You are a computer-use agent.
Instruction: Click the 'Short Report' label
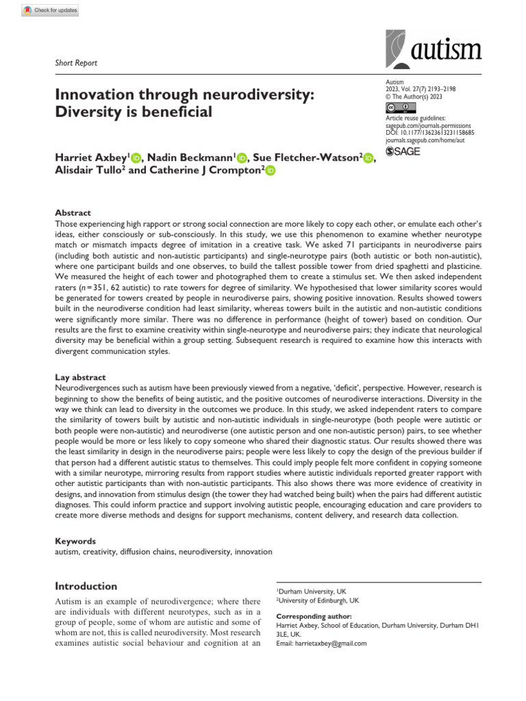(x=76, y=63)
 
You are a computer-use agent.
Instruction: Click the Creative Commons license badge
(x=401, y=107)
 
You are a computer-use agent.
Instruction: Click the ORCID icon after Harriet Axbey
(x=135, y=157)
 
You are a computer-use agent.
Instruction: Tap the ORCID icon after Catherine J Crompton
(x=269, y=170)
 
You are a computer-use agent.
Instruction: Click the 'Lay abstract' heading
(x=81, y=377)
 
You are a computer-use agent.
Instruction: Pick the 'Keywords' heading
(x=75, y=541)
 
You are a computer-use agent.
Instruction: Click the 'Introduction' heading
(x=86, y=586)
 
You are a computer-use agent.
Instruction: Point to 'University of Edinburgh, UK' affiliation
(x=317, y=600)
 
